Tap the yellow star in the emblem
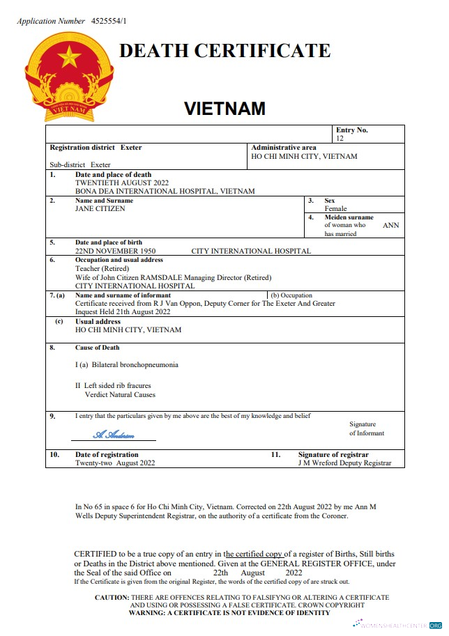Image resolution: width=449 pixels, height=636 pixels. coord(70,56)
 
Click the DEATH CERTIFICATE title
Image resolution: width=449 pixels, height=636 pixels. coord(224,51)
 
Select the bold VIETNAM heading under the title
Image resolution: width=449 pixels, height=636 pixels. coord(224,109)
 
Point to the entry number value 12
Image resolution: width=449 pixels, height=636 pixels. coord(340,139)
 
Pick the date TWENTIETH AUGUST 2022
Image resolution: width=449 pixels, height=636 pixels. coord(122,183)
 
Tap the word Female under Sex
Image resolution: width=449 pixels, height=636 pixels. coord(335,208)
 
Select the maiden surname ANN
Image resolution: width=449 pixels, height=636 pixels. coord(391,226)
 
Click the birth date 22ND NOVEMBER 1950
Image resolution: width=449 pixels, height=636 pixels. coord(115,251)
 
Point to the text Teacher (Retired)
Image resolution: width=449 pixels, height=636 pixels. coord(102,268)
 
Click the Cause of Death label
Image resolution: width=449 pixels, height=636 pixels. coord(97,348)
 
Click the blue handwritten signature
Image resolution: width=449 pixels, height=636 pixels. coord(114,435)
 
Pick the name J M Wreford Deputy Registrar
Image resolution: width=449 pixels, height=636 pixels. coord(344,463)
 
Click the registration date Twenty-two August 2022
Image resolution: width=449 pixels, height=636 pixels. coord(115,463)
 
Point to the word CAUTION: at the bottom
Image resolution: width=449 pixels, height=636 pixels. coord(112,598)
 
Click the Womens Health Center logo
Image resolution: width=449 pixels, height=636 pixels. coord(397,625)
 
